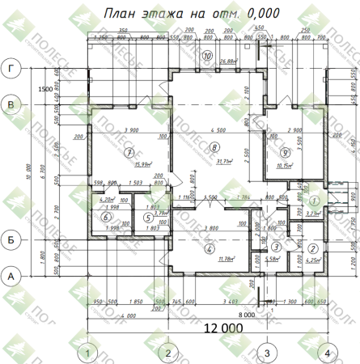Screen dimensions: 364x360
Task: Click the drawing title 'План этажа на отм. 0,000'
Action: point(193,14)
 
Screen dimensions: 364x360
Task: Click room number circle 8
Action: point(214,146)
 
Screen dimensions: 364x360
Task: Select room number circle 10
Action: point(208,56)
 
